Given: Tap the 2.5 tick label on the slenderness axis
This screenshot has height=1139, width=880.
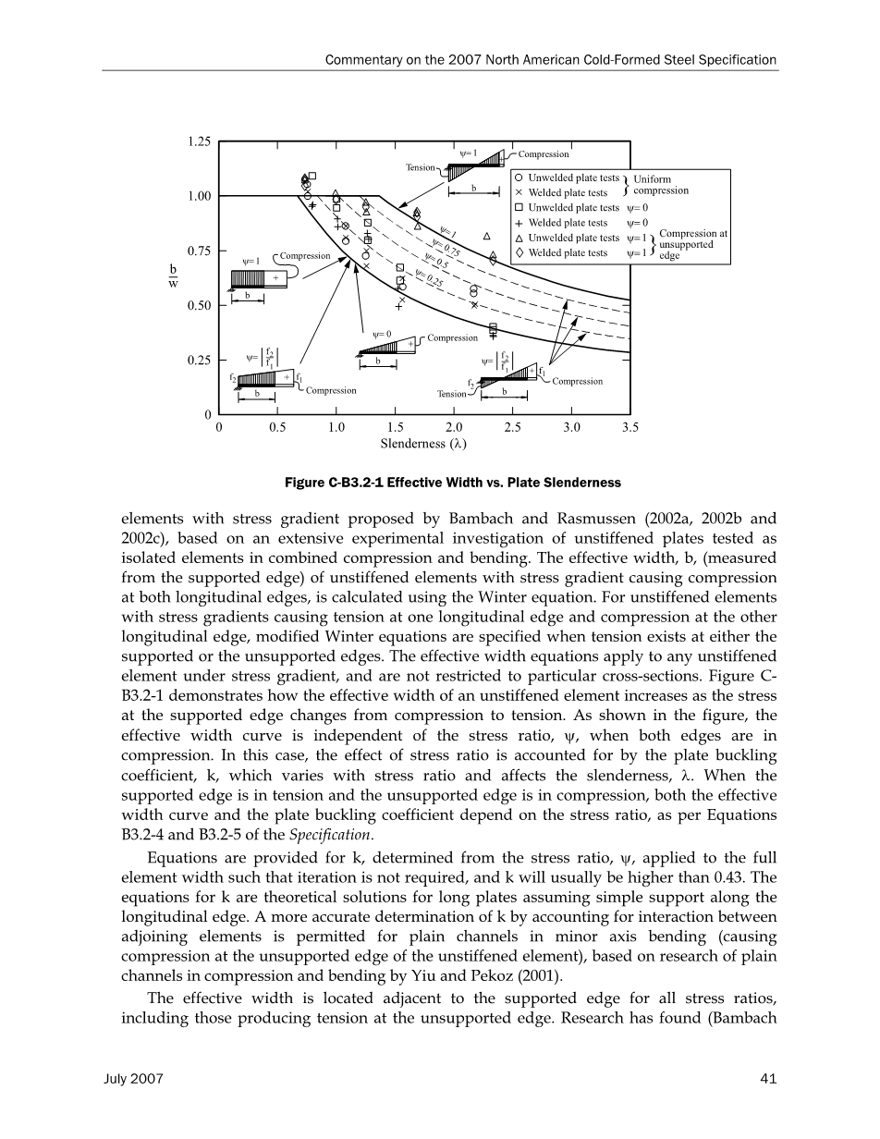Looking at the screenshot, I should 513,427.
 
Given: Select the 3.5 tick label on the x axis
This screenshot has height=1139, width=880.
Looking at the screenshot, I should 630,427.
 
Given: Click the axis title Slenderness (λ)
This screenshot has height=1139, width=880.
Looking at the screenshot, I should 423,443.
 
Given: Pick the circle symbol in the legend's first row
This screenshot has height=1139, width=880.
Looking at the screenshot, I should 519,178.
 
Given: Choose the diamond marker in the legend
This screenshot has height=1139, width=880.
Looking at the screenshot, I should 519,252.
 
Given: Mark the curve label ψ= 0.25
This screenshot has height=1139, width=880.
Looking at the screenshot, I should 430,276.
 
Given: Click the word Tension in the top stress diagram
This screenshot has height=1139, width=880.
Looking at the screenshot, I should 421,167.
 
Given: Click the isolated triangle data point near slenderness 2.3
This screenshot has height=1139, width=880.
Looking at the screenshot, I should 487,236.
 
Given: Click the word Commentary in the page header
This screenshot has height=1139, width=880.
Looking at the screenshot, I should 364,60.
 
